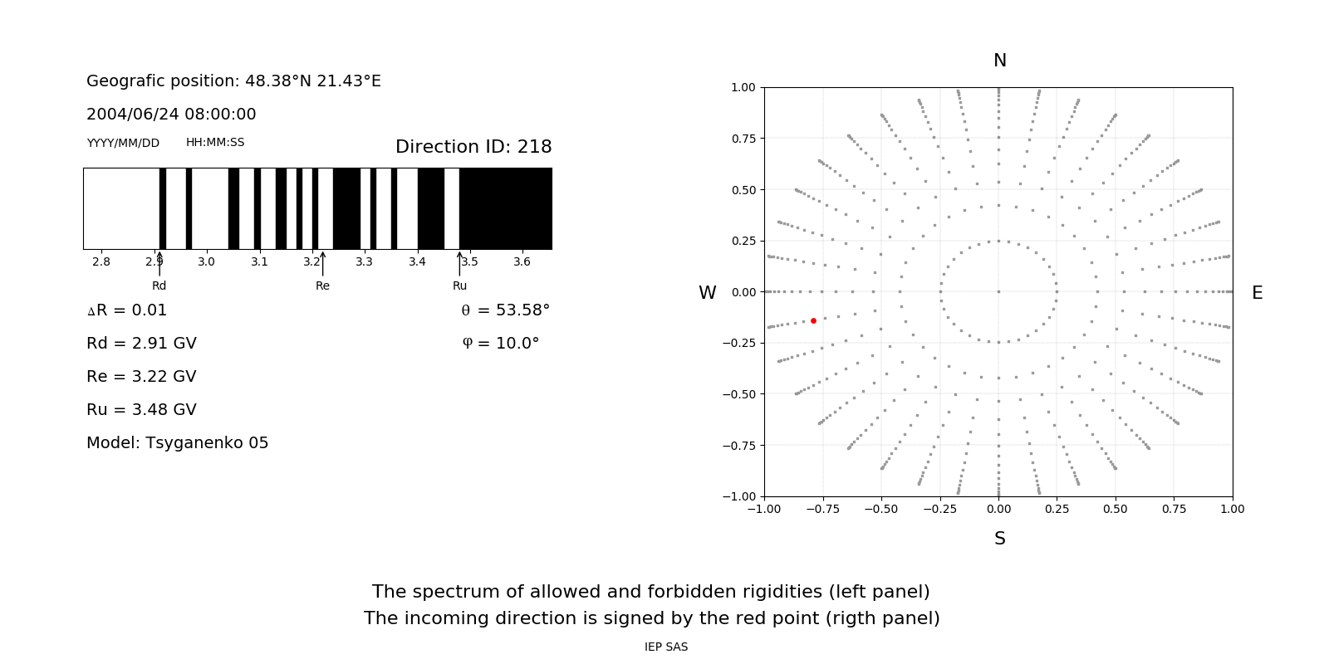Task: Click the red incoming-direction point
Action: pyautogui.click(x=813, y=320)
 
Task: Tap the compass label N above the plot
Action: pyautogui.click(x=1000, y=61)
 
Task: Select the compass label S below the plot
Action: pyautogui.click(x=1000, y=539)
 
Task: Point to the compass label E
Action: pyautogui.click(x=1257, y=293)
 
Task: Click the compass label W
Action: pyautogui.click(x=707, y=293)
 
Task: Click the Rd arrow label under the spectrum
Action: pyautogui.click(x=159, y=286)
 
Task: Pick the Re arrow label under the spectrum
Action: pyautogui.click(x=322, y=286)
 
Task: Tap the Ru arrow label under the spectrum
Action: pyautogui.click(x=459, y=286)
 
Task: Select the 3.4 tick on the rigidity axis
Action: pyautogui.click(x=417, y=261)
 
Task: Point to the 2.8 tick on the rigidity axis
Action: pyautogui.click(x=101, y=261)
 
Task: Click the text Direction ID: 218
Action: pyautogui.click(x=473, y=147)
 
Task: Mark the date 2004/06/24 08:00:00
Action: pyautogui.click(x=171, y=115)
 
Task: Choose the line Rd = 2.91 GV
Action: pyautogui.click(x=141, y=344)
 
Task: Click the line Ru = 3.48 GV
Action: pyautogui.click(x=141, y=410)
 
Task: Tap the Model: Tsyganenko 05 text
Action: pyautogui.click(x=178, y=443)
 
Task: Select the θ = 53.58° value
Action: pyautogui.click(x=505, y=310)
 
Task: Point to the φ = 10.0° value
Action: pyautogui.click(x=500, y=344)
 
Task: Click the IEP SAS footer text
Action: pyautogui.click(x=666, y=647)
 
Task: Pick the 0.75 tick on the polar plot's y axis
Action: pyautogui.click(x=743, y=139)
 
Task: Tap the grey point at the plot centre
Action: pyautogui.click(x=998, y=291)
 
